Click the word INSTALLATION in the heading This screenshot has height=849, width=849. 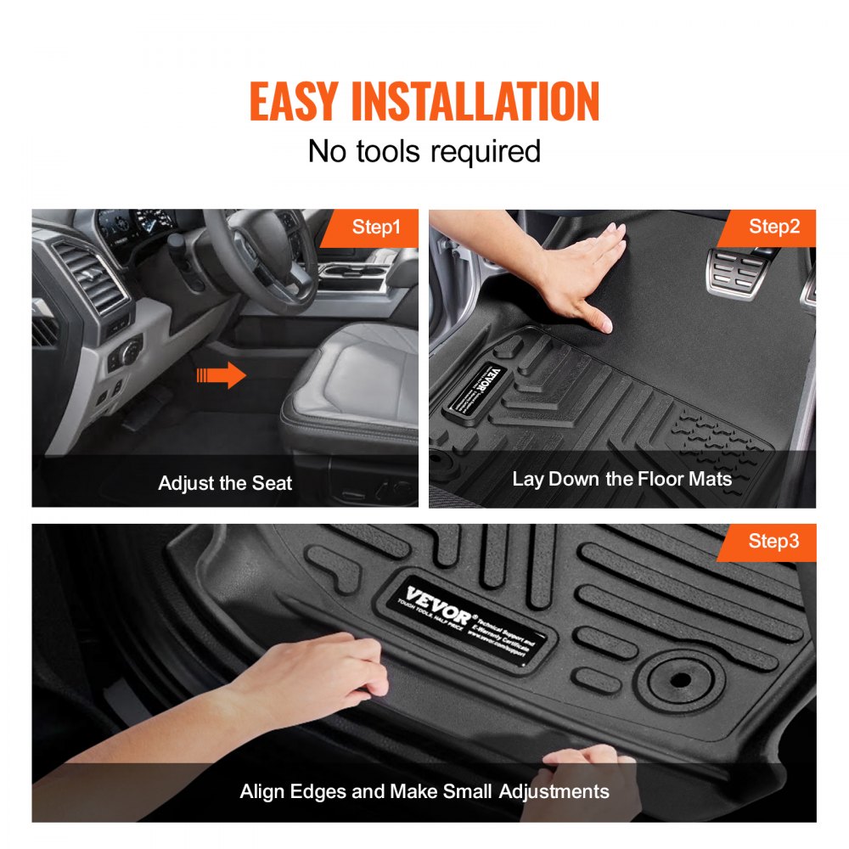475,103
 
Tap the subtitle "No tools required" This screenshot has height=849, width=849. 424,151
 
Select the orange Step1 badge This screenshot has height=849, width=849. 376,228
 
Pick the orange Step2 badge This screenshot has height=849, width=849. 773,227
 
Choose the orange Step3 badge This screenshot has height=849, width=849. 773,541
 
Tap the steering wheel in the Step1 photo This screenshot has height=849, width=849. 259,255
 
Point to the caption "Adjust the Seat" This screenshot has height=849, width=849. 225,483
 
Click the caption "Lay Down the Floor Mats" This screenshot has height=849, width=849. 621,479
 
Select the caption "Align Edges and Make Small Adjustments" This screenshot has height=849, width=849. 424,791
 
